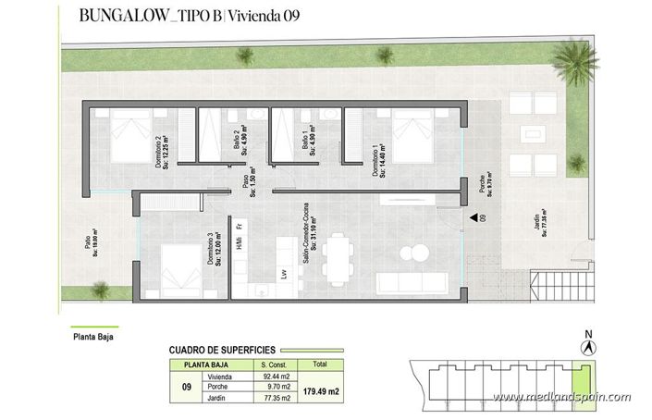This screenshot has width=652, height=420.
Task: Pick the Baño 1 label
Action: pos(310,144)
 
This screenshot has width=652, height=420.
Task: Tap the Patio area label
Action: pos(91,243)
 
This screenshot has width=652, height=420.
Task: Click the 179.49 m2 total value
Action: pos(321,391)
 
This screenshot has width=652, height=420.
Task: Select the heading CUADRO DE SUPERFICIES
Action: pos(223,350)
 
